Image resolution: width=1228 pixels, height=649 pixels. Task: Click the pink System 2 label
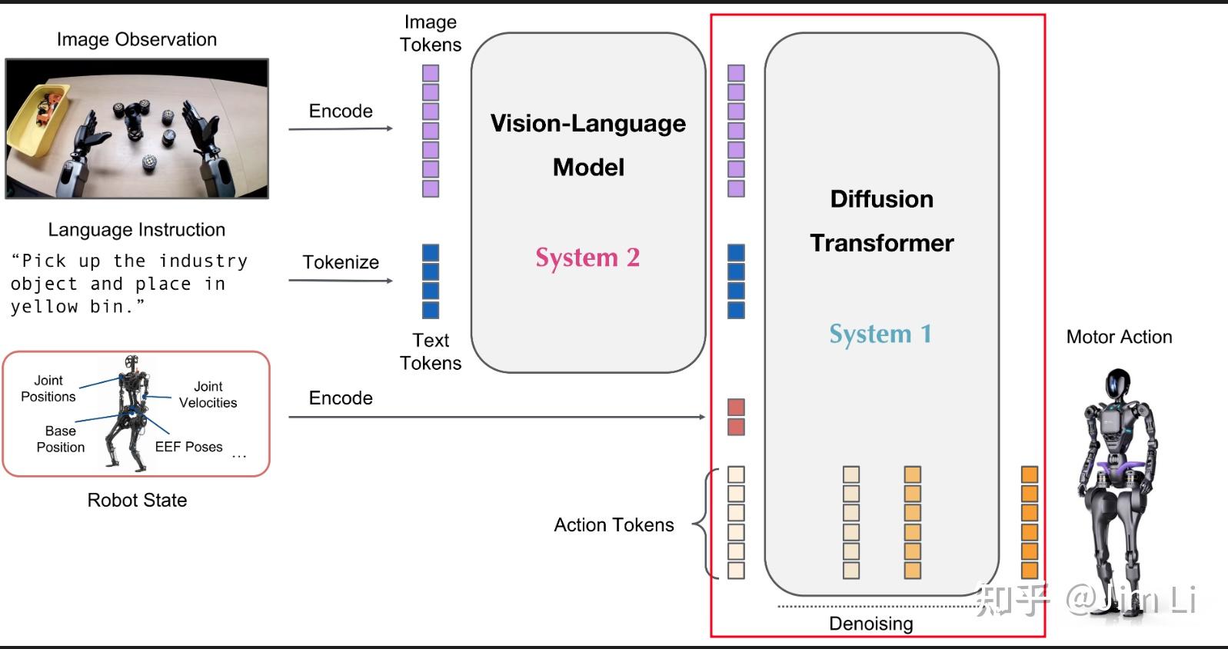pyautogui.click(x=587, y=258)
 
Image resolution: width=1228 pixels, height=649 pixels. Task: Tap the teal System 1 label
pyautogui.click(x=880, y=334)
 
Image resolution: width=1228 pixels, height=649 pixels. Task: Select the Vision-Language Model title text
pyautogui.click(x=588, y=145)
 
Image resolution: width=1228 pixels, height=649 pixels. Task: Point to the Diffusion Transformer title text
pyautogui.click(x=882, y=221)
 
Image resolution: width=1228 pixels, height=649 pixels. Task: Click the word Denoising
pyautogui.click(x=870, y=624)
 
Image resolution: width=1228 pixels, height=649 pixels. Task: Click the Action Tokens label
pyautogui.click(x=614, y=525)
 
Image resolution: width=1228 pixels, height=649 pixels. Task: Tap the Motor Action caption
pyautogui.click(x=1119, y=337)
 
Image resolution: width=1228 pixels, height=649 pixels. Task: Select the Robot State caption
pyautogui.click(x=137, y=501)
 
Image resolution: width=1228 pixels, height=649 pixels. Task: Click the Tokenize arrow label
pyautogui.click(x=341, y=262)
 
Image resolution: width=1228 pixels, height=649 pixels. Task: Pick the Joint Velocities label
pyautogui.click(x=208, y=394)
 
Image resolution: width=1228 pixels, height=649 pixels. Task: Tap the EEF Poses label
pyautogui.click(x=188, y=447)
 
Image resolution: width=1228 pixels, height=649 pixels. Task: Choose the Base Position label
pyautogui.click(x=60, y=439)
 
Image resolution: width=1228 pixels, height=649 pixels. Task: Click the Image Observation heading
pyautogui.click(x=137, y=39)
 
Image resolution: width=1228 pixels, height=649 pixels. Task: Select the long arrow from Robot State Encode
pyautogui.click(x=496, y=417)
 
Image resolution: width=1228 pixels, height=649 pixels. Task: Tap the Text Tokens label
pyautogui.click(x=431, y=351)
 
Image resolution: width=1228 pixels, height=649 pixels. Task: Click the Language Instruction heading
pyautogui.click(x=137, y=230)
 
